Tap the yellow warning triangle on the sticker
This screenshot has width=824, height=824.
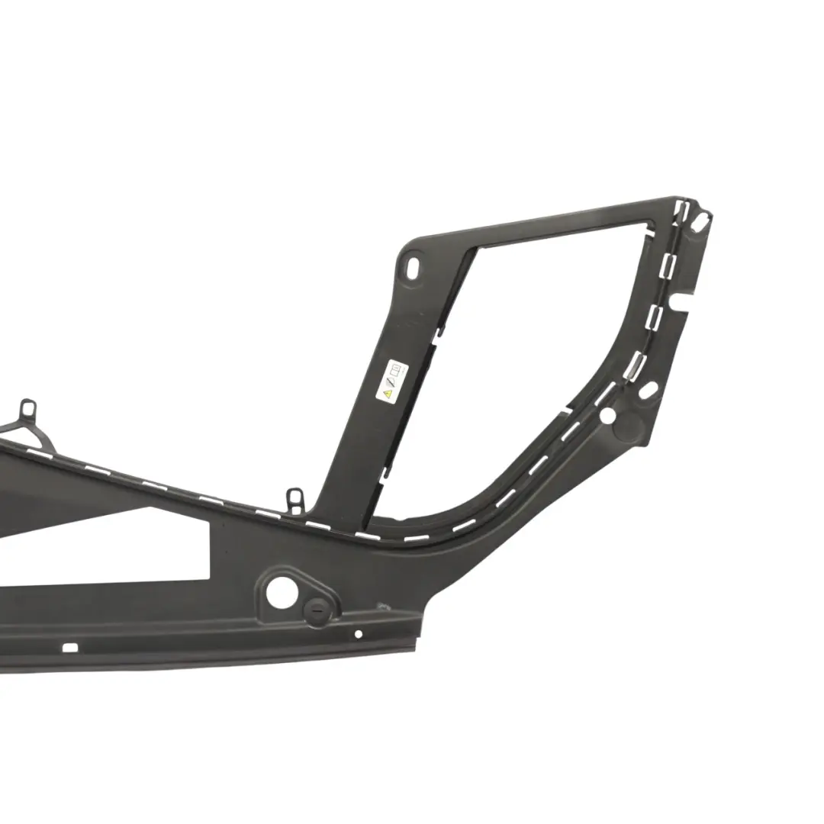(x=388, y=394)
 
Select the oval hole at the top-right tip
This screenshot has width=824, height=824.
(x=700, y=220)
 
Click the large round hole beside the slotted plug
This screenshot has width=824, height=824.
(x=282, y=592)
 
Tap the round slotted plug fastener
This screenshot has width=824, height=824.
(x=315, y=611)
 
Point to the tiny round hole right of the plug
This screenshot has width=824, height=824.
(x=359, y=633)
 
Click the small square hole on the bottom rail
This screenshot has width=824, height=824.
(x=69, y=648)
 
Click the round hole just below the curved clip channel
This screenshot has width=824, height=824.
(x=607, y=416)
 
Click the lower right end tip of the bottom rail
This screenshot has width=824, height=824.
(x=416, y=649)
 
